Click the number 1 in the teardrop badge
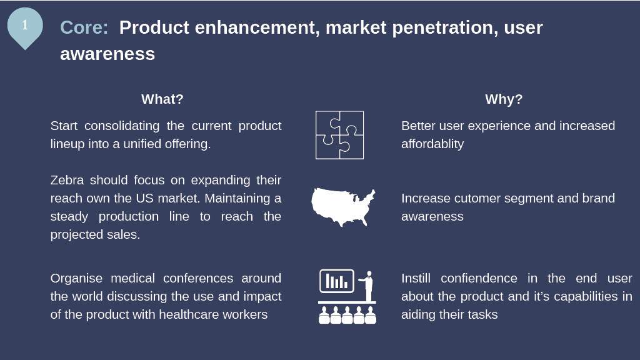click(25, 25)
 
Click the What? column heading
click(162, 99)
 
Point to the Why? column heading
click(504, 99)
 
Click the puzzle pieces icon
click(339, 135)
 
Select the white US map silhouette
click(343, 207)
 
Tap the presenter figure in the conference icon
click(367, 286)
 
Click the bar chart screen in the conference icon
click(337, 281)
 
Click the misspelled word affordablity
click(432, 144)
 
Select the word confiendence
click(479, 278)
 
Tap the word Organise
click(76, 278)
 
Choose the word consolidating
click(122, 126)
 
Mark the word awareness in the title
click(107, 54)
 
